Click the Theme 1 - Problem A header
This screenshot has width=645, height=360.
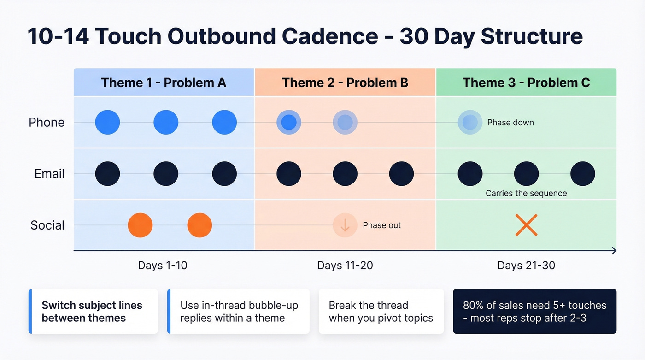point(164,83)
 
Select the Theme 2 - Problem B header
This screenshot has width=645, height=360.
point(345,83)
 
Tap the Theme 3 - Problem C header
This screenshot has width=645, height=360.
point(526,83)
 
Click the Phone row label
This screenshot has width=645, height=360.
point(47,122)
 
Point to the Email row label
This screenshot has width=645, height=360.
point(49,174)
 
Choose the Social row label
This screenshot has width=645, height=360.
point(47,225)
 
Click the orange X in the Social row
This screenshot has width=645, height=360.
point(526,225)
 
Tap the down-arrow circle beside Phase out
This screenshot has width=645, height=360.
point(345,225)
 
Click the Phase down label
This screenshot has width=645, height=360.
point(510,123)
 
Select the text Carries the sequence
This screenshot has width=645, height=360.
point(526,193)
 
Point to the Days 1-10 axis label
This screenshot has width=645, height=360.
point(163,266)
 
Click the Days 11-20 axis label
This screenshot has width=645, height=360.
point(345,266)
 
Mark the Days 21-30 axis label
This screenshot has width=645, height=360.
point(526,266)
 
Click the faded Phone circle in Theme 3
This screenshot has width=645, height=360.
point(470,122)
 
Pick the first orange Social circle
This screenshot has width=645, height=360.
point(140,225)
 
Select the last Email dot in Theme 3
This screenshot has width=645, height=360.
point(582,174)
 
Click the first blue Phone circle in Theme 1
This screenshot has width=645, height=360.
point(107,122)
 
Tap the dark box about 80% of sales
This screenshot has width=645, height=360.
point(534,311)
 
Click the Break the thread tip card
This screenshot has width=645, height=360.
point(381,311)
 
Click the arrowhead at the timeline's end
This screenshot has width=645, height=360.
point(613,250)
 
